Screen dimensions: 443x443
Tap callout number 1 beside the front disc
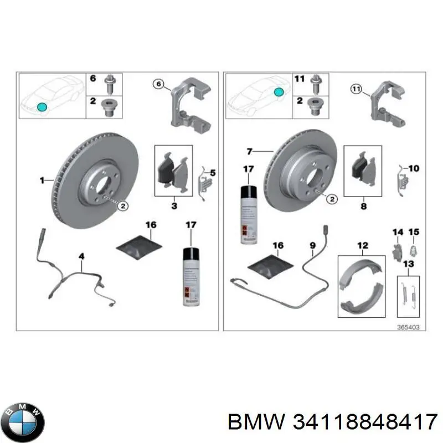(x=42, y=180)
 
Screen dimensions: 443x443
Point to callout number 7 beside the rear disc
(x=249, y=151)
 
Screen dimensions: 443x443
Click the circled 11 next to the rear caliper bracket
(x=356, y=88)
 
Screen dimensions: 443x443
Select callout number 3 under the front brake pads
(x=173, y=207)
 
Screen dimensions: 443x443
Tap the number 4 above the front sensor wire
(x=81, y=256)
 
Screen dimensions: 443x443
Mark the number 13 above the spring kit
(x=408, y=264)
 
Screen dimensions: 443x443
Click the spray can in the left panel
(x=190, y=276)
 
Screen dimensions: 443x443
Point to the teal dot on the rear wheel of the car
(x=280, y=91)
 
